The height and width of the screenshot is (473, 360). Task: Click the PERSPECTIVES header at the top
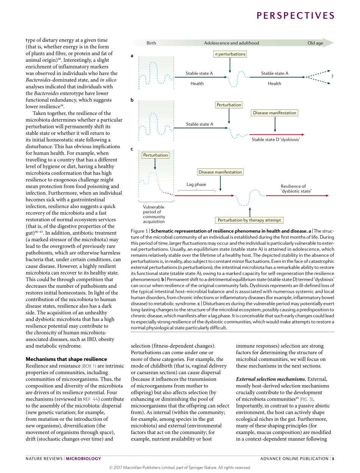click(296, 16)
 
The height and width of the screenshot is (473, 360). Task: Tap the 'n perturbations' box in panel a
click(230, 54)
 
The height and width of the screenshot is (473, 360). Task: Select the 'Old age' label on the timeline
click(315, 43)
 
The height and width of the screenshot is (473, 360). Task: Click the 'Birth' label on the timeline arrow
click(151, 43)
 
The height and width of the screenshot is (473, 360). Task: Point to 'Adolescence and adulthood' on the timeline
click(232, 43)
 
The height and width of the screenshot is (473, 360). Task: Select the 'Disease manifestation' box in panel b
click(275, 113)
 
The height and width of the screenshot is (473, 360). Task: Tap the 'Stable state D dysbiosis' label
click(276, 140)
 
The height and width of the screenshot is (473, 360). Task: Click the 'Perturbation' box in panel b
click(229, 105)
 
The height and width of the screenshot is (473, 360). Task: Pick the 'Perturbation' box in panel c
click(155, 155)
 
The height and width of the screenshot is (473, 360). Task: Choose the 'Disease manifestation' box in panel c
click(220, 172)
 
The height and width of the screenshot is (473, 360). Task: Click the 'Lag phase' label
click(196, 184)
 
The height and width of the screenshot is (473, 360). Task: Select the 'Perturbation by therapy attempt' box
click(249, 220)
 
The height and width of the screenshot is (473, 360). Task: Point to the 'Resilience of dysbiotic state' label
click(296, 189)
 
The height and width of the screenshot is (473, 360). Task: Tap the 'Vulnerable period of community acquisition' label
click(154, 214)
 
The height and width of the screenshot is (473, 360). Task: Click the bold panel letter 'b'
click(132, 100)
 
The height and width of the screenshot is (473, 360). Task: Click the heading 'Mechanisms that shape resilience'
click(66, 359)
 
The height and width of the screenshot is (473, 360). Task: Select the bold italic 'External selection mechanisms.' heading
click(271, 379)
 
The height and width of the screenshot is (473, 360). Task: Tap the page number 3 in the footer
click(333, 459)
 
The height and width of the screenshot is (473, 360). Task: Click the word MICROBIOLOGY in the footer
click(84, 459)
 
